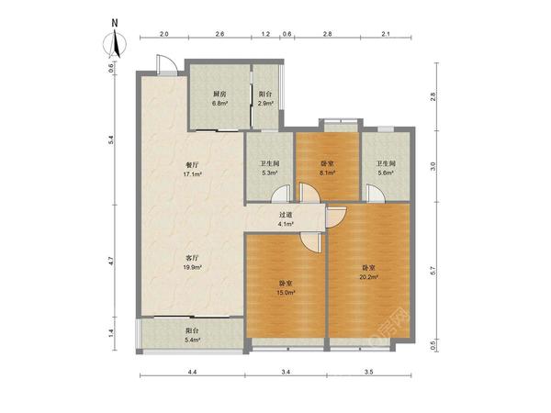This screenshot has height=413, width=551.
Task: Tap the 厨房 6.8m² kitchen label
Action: tap(219, 99)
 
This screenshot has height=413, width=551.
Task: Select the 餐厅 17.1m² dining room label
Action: tap(192, 169)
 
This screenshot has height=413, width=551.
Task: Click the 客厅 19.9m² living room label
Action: tap(192, 262)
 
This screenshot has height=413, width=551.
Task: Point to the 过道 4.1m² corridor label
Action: tap(286, 219)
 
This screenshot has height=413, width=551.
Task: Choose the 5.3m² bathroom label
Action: tap(269, 168)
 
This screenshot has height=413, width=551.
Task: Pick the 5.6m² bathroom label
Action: tap(386, 168)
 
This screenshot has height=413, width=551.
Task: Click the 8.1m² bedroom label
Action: tap(327, 168)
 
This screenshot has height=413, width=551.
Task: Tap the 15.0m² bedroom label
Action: tap(287, 287)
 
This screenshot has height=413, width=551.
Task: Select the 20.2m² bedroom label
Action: tap(368, 272)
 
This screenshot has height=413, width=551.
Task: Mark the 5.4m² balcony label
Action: tap(192, 335)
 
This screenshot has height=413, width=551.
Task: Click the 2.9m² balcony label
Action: tap(265, 99)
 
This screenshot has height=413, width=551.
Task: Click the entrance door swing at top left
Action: tap(166, 64)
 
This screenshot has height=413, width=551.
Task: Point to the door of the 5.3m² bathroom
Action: tap(281, 195)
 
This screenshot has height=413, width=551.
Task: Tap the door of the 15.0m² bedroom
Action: tap(311, 242)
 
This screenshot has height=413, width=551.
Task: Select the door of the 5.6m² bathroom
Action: tap(376, 194)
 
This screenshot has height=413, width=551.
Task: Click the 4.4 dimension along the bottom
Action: tap(192, 372)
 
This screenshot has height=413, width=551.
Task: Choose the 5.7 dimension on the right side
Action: tap(433, 271)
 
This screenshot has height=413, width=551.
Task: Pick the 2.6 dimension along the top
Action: tap(219, 34)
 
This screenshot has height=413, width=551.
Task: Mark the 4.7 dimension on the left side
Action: tap(111, 261)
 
